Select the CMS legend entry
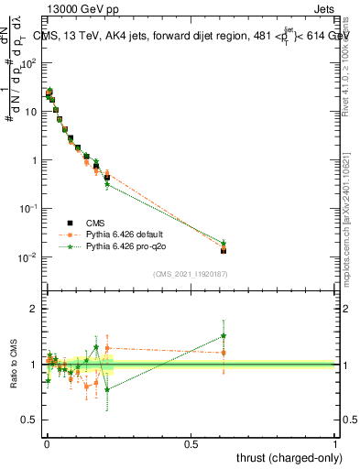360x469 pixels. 95,223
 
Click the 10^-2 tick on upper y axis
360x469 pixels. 27,256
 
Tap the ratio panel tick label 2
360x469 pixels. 33,309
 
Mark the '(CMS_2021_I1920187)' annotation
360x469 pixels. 190,273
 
